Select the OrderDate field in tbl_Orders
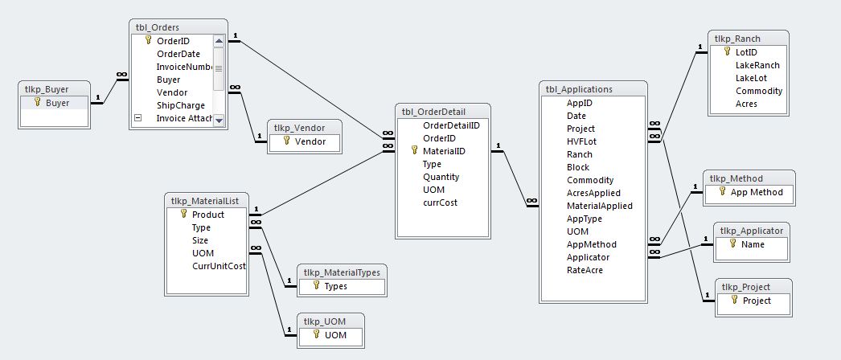pyautogui.click(x=178, y=54)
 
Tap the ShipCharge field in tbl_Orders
pyautogui.click(x=180, y=105)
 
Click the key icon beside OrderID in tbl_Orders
pyautogui.click(x=147, y=41)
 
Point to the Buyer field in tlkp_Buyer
pyautogui.click(x=56, y=103)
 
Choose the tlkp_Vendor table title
pyautogui.click(x=293, y=127)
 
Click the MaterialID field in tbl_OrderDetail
pyautogui.click(x=444, y=150)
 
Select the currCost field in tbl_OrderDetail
pyautogui.click(x=440, y=202)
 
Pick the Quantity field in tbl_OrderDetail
pyautogui.click(x=441, y=177)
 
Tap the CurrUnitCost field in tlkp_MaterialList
pyautogui.click(x=219, y=266)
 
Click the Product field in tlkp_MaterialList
pyautogui.click(x=207, y=215)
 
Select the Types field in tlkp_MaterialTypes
pyautogui.click(x=335, y=285)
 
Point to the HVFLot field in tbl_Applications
pyautogui.click(x=581, y=141)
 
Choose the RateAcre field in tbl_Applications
pyautogui.click(x=585, y=270)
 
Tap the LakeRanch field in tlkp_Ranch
pyautogui.click(x=757, y=65)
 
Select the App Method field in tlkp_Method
pyautogui.click(x=756, y=192)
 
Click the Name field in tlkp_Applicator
pyautogui.click(x=753, y=243)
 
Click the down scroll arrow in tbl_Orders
pyautogui.click(x=219, y=121)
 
